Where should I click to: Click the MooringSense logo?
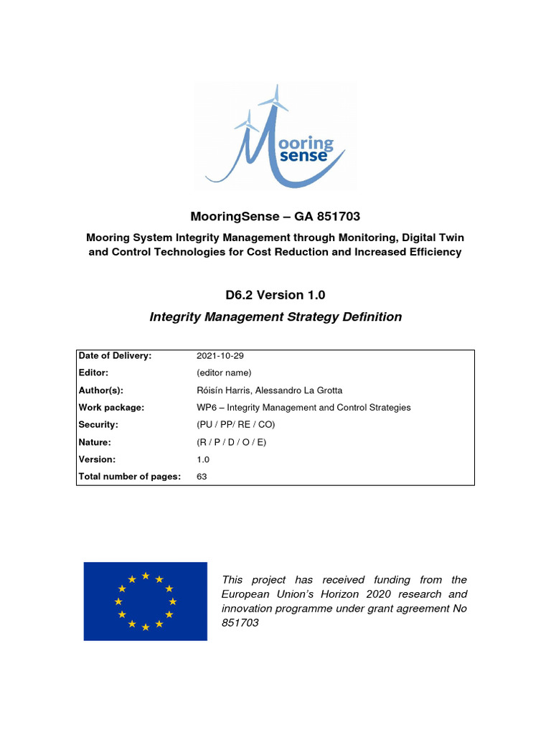pyautogui.click(x=275, y=136)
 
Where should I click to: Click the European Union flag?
pyautogui.click(x=145, y=601)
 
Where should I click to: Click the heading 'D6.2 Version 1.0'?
pyautogui.click(x=275, y=294)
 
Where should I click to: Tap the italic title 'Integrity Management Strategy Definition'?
pyautogui.click(x=275, y=317)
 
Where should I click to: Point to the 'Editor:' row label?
pyautogui.click(x=94, y=373)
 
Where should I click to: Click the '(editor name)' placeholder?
pyautogui.click(x=224, y=373)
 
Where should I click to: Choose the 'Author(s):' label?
pyautogui.click(x=101, y=390)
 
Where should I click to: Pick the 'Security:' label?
pyautogui.click(x=98, y=425)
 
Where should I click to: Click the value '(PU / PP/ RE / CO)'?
pyautogui.click(x=235, y=425)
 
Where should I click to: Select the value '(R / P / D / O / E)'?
pyautogui.click(x=231, y=442)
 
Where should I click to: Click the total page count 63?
pyautogui.click(x=202, y=477)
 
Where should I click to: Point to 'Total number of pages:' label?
pyautogui.click(x=129, y=477)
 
